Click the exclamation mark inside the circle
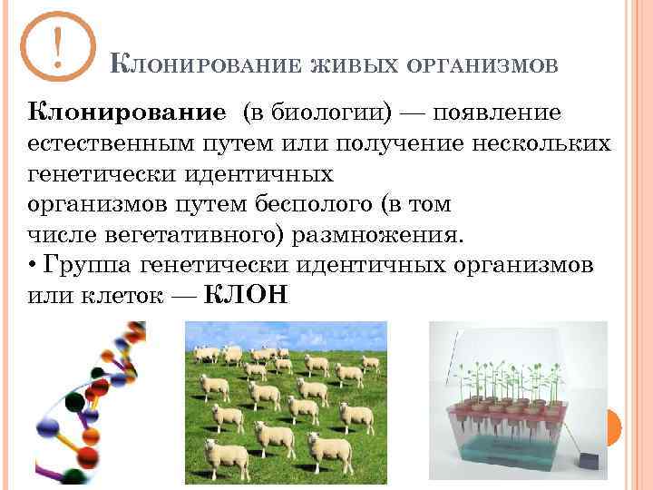pos(59,47)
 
